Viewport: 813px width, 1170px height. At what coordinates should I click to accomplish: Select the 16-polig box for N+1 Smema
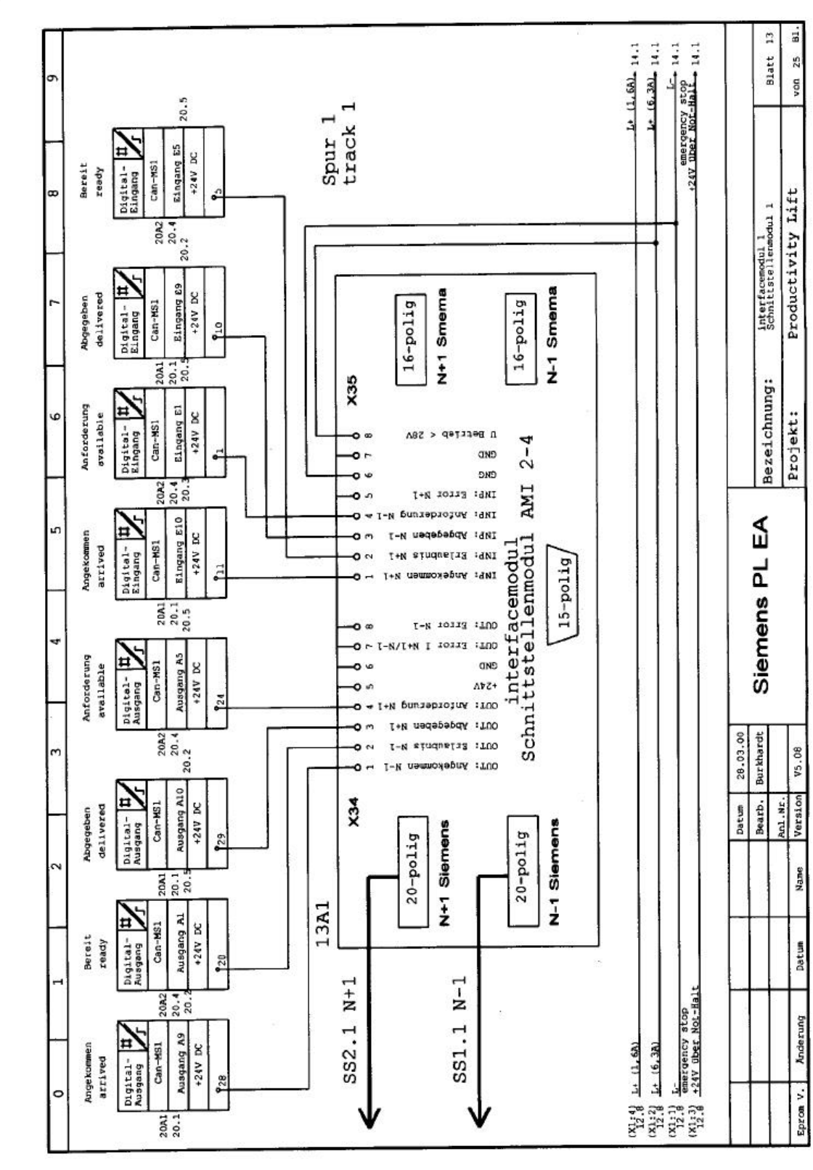410,340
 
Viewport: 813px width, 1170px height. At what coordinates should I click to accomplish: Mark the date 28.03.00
739,753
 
